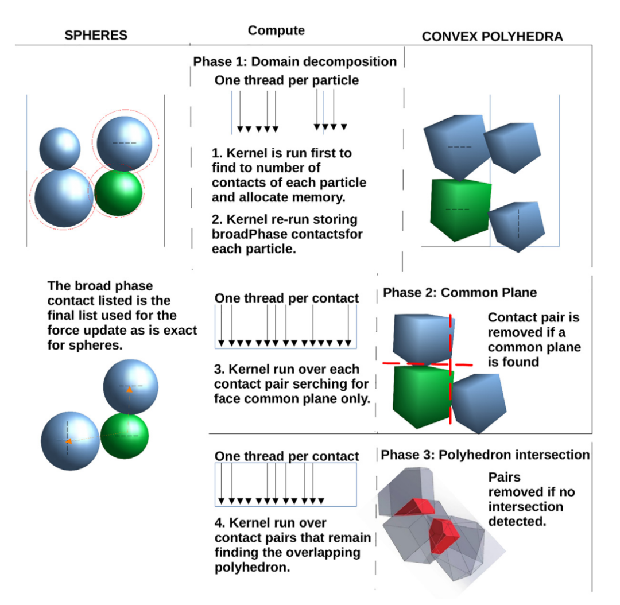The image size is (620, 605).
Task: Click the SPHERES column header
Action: pyautogui.click(x=96, y=35)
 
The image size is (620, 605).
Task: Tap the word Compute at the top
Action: pyautogui.click(x=276, y=30)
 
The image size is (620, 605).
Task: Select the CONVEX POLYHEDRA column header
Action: pyautogui.click(x=493, y=36)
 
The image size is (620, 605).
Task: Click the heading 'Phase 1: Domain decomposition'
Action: pyautogui.click(x=294, y=61)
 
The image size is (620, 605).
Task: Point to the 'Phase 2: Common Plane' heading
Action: pyautogui.click(x=460, y=293)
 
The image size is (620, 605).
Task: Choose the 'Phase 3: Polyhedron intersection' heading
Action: pyautogui.click(x=485, y=455)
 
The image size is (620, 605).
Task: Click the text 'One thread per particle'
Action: pyautogui.click(x=286, y=80)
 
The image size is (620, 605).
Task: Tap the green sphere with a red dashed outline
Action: pyautogui.click(x=118, y=193)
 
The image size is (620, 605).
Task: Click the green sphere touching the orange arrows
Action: pyautogui.click(x=125, y=436)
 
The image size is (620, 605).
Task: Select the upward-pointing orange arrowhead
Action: pyautogui.click(x=129, y=390)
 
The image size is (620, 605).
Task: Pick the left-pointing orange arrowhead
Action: pyautogui.click(x=69, y=441)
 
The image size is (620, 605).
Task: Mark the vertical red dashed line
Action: pyautogui.click(x=451, y=369)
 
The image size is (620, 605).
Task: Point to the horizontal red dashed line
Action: pyautogui.click(x=428, y=364)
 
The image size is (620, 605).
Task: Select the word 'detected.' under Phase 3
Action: pyautogui.click(x=517, y=522)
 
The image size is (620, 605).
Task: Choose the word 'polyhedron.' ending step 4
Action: pyautogui.click(x=252, y=568)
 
